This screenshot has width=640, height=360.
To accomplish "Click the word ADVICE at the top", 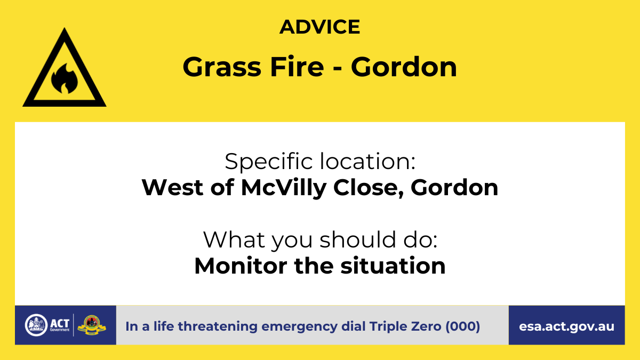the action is pyautogui.click(x=319, y=27).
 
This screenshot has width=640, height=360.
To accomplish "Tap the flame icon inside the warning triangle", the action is pyautogui.click(x=65, y=78).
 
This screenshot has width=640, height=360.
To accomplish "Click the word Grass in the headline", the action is pyautogui.click(x=222, y=67).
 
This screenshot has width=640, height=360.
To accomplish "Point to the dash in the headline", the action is pyautogui.click(x=338, y=69).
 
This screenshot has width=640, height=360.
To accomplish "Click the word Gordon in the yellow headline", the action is pyautogui.click(x=404, y=67).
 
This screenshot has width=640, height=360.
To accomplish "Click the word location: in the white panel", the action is pyautogui.click(x=367, y=162).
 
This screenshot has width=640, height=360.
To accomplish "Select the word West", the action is pyautogui.click(x=173, y=188).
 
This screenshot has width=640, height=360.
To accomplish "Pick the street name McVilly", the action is pyautogui.click(x=283, y=188).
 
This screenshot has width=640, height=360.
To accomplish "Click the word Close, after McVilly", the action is pyautogui.click(x=369, y=188).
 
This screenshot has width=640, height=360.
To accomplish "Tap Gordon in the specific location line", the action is pyautogui.click(x=454, y=188).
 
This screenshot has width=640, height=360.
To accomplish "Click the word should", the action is pyautogui.click(x=357, y=239).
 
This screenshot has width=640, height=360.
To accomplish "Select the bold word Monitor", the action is pyautogui.click(x=241, y=266).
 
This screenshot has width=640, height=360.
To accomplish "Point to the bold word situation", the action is pyautogui.click(x=393, y=266).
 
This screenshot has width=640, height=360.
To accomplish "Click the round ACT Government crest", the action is pyautogui.click(x=36, y=325).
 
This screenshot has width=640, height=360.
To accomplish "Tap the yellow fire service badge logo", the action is pyautogui.click(x=92, y=325).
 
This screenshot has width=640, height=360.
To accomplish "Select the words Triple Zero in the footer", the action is pyautogui.click(x=405, y=326).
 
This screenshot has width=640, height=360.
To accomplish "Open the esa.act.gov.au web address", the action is pyautogui.click(x=566, y=326).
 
